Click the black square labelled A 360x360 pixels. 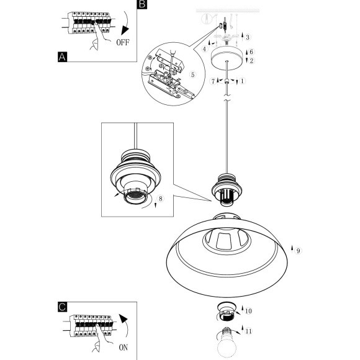[x=63, y=57]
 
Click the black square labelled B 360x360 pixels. [x=142, y=4]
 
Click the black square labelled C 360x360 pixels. [x=63, y=307]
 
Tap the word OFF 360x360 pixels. [x=123, y=42]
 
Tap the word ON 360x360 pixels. [x=124, y=348]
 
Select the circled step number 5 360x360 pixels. [x=192, y=74]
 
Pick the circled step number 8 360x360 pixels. [x=161, y=199]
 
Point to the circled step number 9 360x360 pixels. [x=298, y=251]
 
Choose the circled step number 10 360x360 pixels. [x=248, y=311]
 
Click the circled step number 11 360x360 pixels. [x=248, y=331]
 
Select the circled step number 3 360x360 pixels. [x=247, y=37]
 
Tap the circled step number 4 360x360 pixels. [x=205, y=48]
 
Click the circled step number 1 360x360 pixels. [x=242, y=81]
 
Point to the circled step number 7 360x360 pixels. [x=213, y=81]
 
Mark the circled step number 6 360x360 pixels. [x=251, y=52]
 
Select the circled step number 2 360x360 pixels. [x=251, y=61]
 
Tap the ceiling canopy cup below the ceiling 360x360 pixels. [x=227, y=59]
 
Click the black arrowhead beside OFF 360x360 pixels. [x=125, y=30]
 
